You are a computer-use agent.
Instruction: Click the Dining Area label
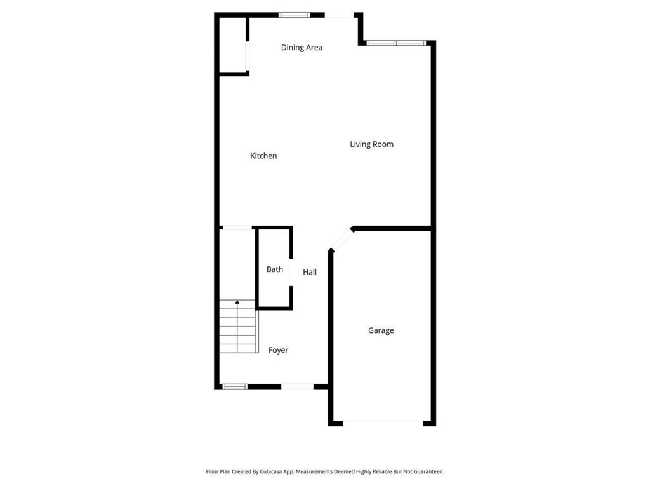click(x=302, y=48)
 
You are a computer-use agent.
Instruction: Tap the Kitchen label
click(x=263, y=156)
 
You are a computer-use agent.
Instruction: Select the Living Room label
click(x=371, y=144)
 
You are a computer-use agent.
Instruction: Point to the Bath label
click(x=275, y=269)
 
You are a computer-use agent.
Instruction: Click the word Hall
click(x=310, y=272)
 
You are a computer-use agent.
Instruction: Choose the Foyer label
click(x=278, y=350)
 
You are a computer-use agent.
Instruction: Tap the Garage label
click(x=381, y=330)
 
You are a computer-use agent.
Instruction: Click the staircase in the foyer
click(x=239, y=328)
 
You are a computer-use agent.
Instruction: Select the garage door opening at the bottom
click(x=383, y=422)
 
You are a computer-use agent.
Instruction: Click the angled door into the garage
click(x=342, y=240)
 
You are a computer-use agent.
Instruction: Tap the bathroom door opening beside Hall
click(x=291, y=273)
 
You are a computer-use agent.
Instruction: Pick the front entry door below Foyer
click(x=297, y=386)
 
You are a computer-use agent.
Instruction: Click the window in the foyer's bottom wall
click(x=234, y=386)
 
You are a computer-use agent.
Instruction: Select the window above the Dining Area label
click(x=295, y=15)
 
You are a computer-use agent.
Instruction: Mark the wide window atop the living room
click(x=395, y=43)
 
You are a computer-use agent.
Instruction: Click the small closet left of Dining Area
click(x=232, y=46)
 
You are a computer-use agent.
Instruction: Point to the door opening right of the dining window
click(x=340, y=16)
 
